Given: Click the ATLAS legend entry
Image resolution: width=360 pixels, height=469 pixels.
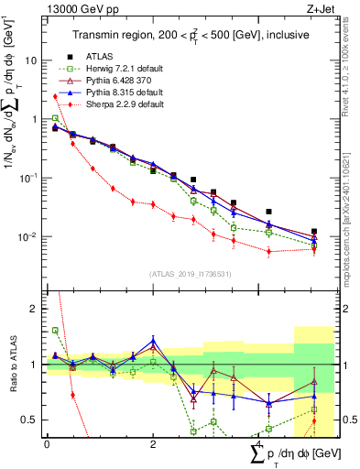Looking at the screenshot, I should pos(100,55).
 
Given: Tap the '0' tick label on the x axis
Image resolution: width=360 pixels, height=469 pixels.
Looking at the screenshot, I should pos(46,443).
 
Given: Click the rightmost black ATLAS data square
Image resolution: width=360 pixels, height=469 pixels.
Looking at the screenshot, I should pos(314,232).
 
